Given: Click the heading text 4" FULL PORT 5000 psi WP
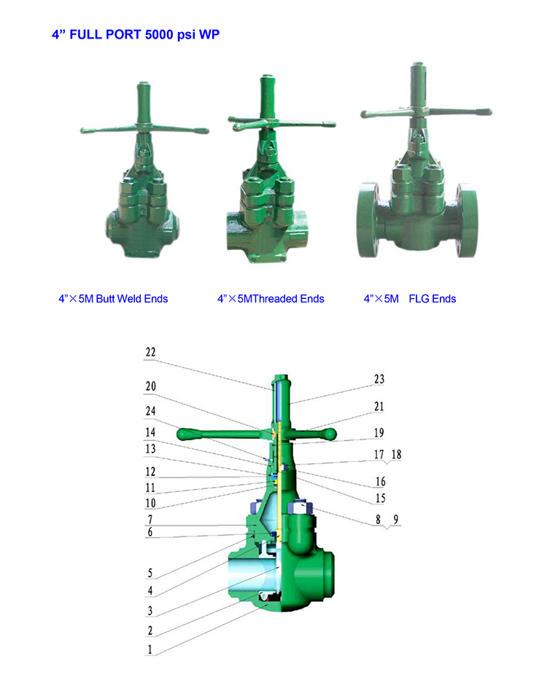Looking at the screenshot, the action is tap(136, 34).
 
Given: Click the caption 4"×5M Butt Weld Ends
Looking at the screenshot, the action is tap(113, 299).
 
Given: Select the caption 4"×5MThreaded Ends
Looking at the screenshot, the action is tap(271, 299).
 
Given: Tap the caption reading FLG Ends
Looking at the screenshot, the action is tap(432, 299).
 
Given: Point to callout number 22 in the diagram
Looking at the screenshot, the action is tap(150, 352).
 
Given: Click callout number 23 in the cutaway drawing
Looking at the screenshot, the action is tap(379, 379).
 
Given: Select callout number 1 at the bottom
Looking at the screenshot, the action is tap(150, 649).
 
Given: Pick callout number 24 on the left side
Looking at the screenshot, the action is tap(150, 411).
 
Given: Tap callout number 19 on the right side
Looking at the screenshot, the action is tap(379, 432).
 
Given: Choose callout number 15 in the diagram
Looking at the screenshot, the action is tap(381, 498).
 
